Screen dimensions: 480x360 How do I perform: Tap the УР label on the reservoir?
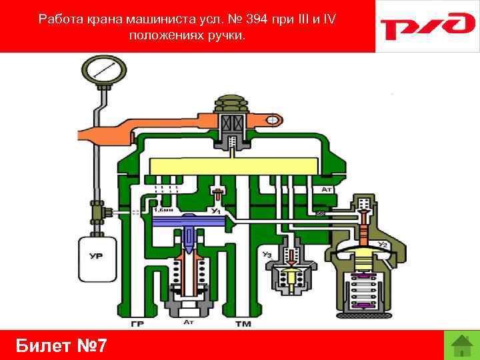96,255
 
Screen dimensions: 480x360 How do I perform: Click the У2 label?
383,245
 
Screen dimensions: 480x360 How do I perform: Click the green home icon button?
461,345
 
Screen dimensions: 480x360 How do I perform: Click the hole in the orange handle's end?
273,120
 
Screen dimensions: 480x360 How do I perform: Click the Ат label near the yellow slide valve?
327,189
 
